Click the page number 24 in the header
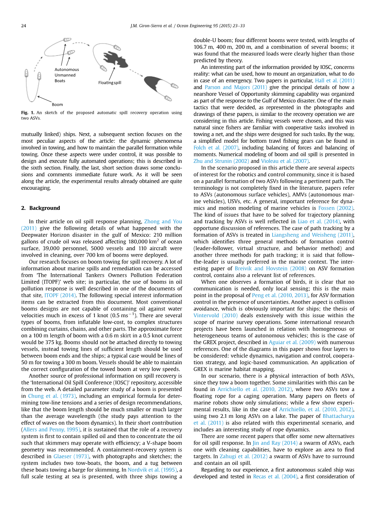[23, 26]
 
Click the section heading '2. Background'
[40, 208]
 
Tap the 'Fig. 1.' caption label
[27, 113]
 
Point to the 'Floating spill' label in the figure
[110, 82]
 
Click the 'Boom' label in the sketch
[57, 104]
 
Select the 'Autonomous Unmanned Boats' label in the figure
[66, 75]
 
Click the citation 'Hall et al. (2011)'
[334, 80]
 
